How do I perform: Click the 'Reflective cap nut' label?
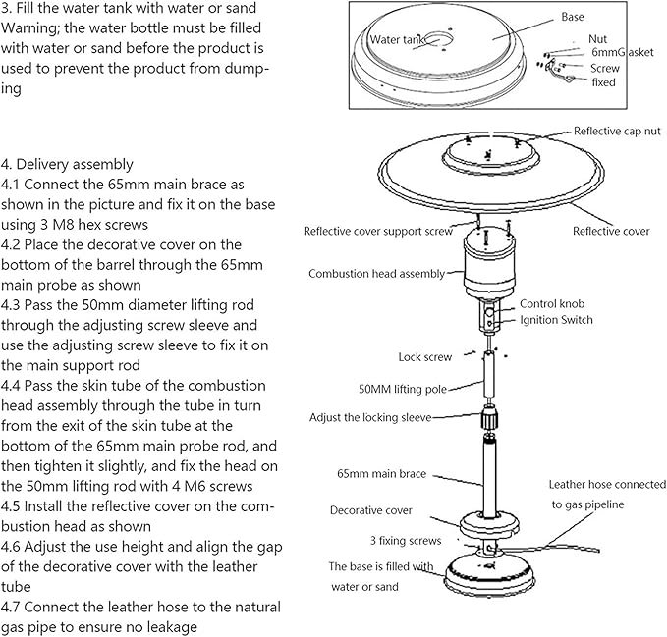point(617,131)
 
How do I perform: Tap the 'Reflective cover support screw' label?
point(377,232)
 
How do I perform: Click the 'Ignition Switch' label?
point(556,320)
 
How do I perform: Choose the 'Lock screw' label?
point(424,357)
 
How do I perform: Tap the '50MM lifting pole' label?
point(403,389)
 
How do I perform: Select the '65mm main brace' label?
point(382,474)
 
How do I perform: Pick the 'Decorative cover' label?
point(370,510)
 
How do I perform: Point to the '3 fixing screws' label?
point(406,540)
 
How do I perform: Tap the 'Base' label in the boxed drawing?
point(572,18)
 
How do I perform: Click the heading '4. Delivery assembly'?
point(68,164)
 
